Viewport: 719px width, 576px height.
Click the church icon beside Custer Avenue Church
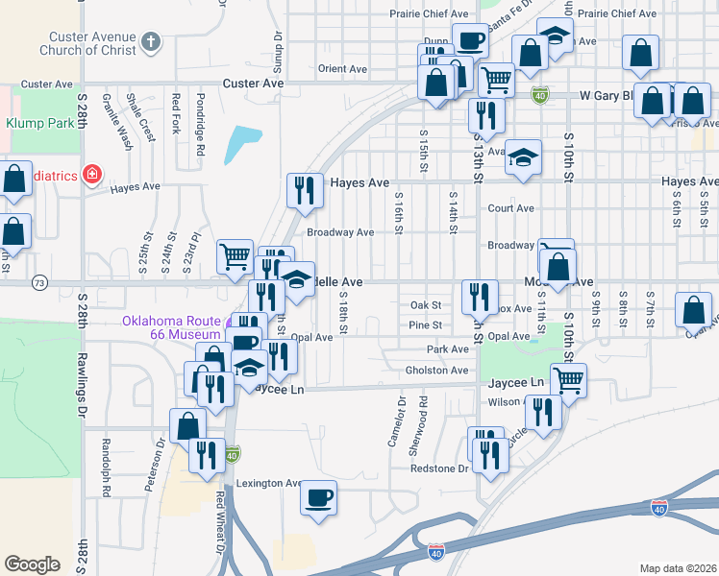coord(149,41)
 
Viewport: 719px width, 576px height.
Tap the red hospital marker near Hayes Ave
coord(91,175)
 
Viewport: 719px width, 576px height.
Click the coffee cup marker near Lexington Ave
coord(318,498)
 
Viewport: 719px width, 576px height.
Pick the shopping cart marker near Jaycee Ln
coord(568,381)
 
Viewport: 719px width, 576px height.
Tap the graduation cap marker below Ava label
coord(522,158)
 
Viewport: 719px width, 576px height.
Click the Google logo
coord(32,564)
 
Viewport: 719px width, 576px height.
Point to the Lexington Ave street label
coord(270,483)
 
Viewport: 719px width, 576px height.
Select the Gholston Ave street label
coord(436,371)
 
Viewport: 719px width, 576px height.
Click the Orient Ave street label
coord(343,69)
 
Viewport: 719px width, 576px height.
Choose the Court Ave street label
coord(510,207)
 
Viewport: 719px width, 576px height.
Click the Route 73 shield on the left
coord(39,283)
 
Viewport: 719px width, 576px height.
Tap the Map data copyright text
coord(678,568)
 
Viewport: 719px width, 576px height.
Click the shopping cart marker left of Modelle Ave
coord(235,256)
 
